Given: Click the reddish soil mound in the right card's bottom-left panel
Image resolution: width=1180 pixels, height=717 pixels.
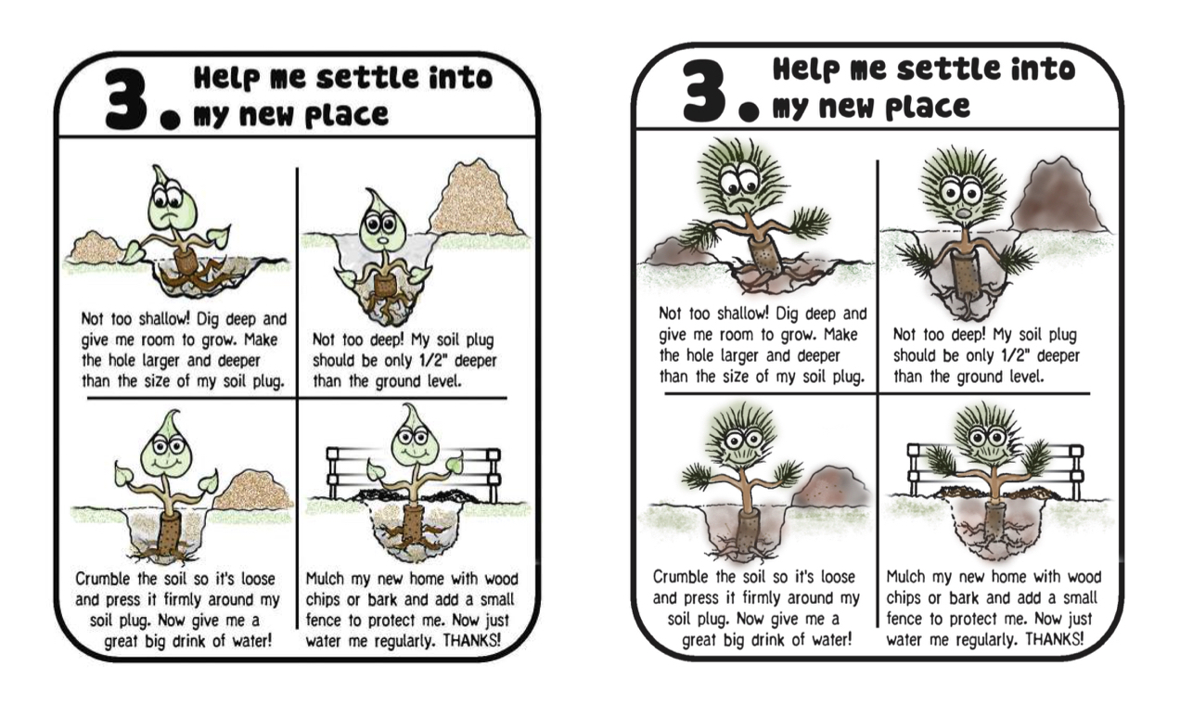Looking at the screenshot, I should (829, 488).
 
